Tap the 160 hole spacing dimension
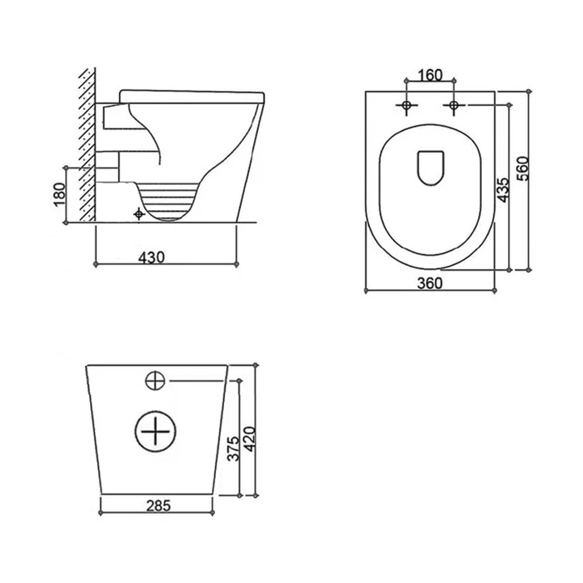pos(430,75)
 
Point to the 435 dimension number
pos(503,189)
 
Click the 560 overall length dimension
pos(522,170)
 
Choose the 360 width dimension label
pos(430,283)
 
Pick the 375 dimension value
pos(233,448)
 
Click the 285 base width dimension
pos(158,505)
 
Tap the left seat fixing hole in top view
pos(406,105)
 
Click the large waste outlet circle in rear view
pos(155,432)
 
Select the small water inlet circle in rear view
pos(154,381)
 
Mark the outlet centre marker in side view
pos(139,215)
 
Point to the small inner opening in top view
pos(431,167)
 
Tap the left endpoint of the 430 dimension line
pos(96,264)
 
